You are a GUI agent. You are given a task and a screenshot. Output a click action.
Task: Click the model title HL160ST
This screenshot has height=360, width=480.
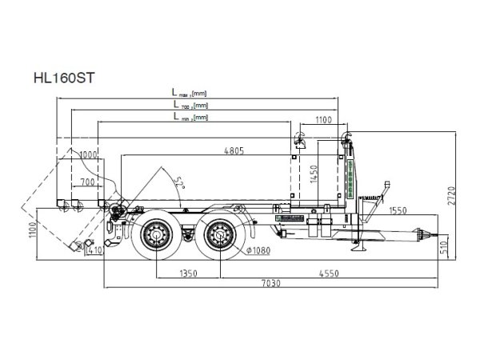[x=64, y=78]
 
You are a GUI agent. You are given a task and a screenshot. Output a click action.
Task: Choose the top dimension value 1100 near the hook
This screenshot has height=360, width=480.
[x=322, y=120]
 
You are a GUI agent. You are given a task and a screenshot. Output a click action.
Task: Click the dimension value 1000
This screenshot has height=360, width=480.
[x=88, y=154]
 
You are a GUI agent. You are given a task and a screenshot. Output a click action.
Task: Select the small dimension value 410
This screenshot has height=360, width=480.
[x=95, y=250]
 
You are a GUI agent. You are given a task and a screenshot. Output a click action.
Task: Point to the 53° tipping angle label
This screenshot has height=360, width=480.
[x=180, y=183]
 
